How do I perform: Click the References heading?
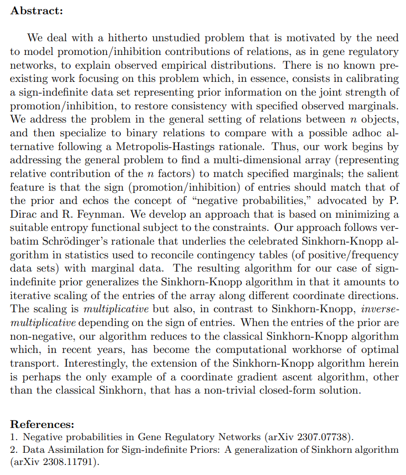(42, 424)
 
